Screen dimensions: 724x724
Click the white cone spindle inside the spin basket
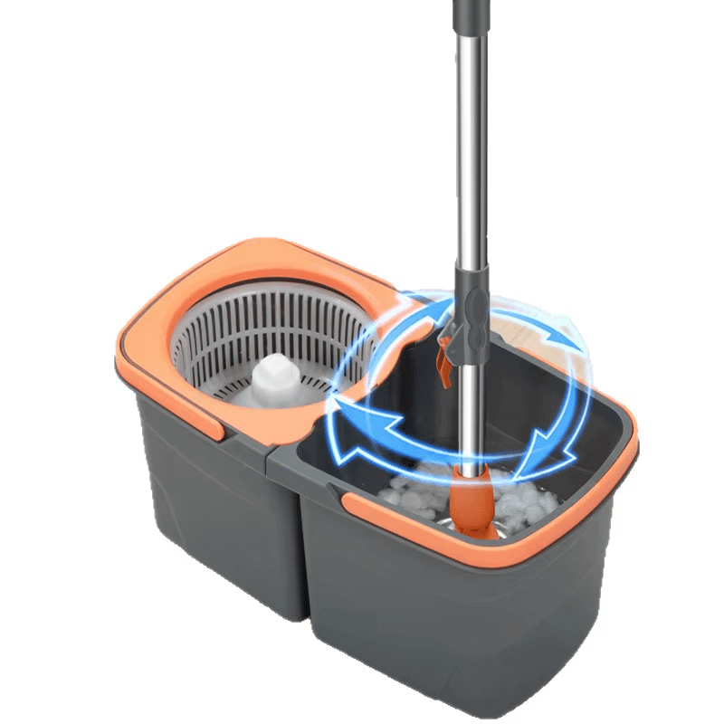pos(274,377)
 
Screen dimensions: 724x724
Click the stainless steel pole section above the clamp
pos(471,181)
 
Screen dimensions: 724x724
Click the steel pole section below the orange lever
pos(468,416)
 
